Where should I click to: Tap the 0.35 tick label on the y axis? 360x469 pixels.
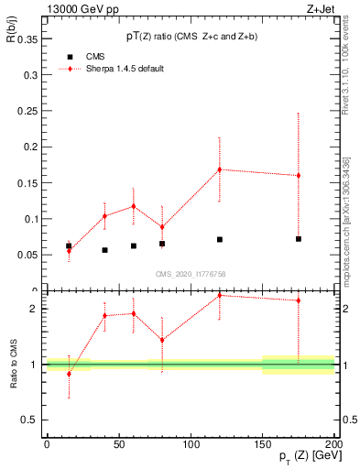coord(27,40)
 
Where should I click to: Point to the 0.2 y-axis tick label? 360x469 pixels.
coord(30,147)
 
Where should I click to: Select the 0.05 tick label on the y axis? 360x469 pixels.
coord(27,255)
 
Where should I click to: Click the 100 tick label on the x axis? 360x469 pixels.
coord(191,444)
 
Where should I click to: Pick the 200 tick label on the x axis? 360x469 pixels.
coord(334,444)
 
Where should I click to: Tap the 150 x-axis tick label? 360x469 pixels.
coord(263,444)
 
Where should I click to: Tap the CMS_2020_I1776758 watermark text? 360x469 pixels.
coord(190,274)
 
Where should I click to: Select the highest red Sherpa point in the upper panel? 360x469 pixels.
coord(220,169)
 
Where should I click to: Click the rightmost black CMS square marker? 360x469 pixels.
coord(299,239)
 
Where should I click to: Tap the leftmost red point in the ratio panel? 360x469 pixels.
coord(69,374)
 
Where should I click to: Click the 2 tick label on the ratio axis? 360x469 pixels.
coord(34,309)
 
